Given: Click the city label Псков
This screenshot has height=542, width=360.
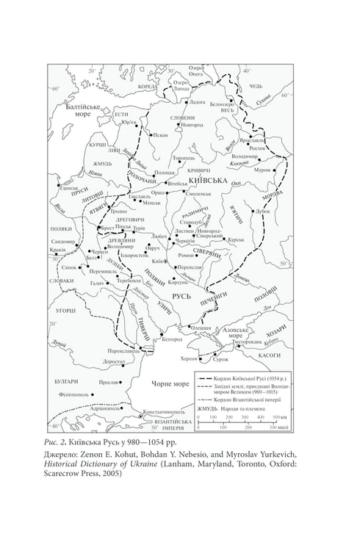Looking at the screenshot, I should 161,136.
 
